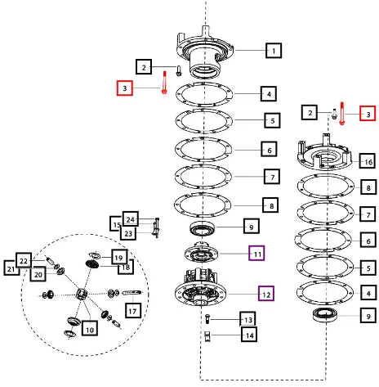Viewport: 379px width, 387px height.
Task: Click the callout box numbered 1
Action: point(274,51)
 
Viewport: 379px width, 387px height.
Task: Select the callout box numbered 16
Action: point(368,162)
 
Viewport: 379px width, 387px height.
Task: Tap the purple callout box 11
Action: point(256,254)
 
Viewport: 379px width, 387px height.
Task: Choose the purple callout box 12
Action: point(266,294)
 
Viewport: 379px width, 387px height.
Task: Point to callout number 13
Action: point(248,319)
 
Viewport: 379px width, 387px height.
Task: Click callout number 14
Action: point(249,335)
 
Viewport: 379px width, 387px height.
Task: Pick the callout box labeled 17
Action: point(133,311)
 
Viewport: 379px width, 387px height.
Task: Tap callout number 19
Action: point(119,257)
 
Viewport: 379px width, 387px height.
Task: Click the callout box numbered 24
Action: point(131,218)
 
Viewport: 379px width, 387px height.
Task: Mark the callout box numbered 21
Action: point(11,268)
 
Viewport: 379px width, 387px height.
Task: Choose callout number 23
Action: point(128,233)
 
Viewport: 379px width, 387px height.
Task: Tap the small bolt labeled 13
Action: point(207,318)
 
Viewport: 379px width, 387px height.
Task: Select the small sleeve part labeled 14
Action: point(207,336)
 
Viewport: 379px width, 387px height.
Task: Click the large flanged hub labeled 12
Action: point(200,289)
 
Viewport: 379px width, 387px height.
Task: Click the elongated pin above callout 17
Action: point(132,293)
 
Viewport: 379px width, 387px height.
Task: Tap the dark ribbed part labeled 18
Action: point(92,264)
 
